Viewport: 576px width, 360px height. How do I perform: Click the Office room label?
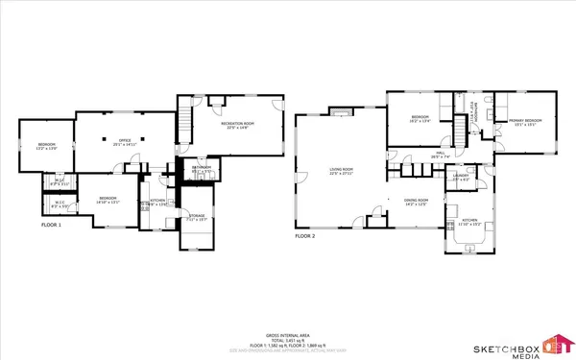pyautogui.click(x=124, y=143)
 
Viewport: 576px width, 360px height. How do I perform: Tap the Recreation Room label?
pyautogui.click(x=232, y=127)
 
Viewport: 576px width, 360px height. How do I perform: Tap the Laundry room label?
pyautogui.click(x=460, y=178)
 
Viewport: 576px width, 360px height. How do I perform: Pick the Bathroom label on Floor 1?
pyautogui.click(x=201, y=169)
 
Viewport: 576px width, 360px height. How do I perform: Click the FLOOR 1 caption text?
pyautogui.click(x=51, y=225)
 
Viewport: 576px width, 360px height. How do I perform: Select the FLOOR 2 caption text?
pyautogui.click(x=308, y=233)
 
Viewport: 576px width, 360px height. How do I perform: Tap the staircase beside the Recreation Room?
pyautogui.click(x=184, y=122)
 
